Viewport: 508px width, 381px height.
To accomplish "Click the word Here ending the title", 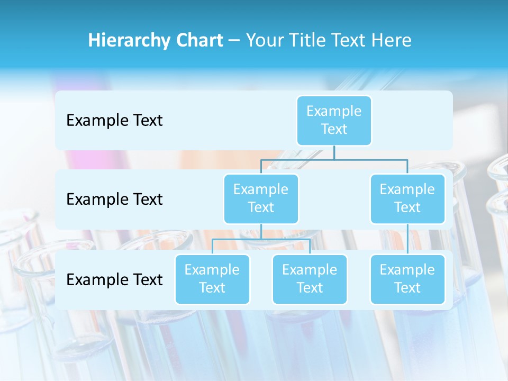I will tap(392, 41).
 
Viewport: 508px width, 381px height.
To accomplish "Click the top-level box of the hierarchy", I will tap(334, 120).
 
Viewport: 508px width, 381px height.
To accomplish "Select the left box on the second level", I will tap(261, 198).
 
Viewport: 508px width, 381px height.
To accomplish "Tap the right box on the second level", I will tap(407, 198).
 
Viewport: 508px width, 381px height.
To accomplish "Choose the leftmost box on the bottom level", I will tap(212, 279).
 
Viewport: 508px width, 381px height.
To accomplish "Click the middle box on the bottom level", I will tap(310, 279).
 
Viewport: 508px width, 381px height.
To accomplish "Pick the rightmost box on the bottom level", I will tap(407, 279).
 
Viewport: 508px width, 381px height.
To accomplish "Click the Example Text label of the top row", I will tap(114, 121).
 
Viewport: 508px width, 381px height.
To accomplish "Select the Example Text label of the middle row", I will tap(114, 199).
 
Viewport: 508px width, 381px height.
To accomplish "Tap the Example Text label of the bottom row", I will tap(114, 279).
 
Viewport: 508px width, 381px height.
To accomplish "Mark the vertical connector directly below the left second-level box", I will tap(261, 231).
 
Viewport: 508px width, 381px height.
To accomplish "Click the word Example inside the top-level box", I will tap(334, 111).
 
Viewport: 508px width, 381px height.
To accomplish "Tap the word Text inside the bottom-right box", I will tap(407, 288).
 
